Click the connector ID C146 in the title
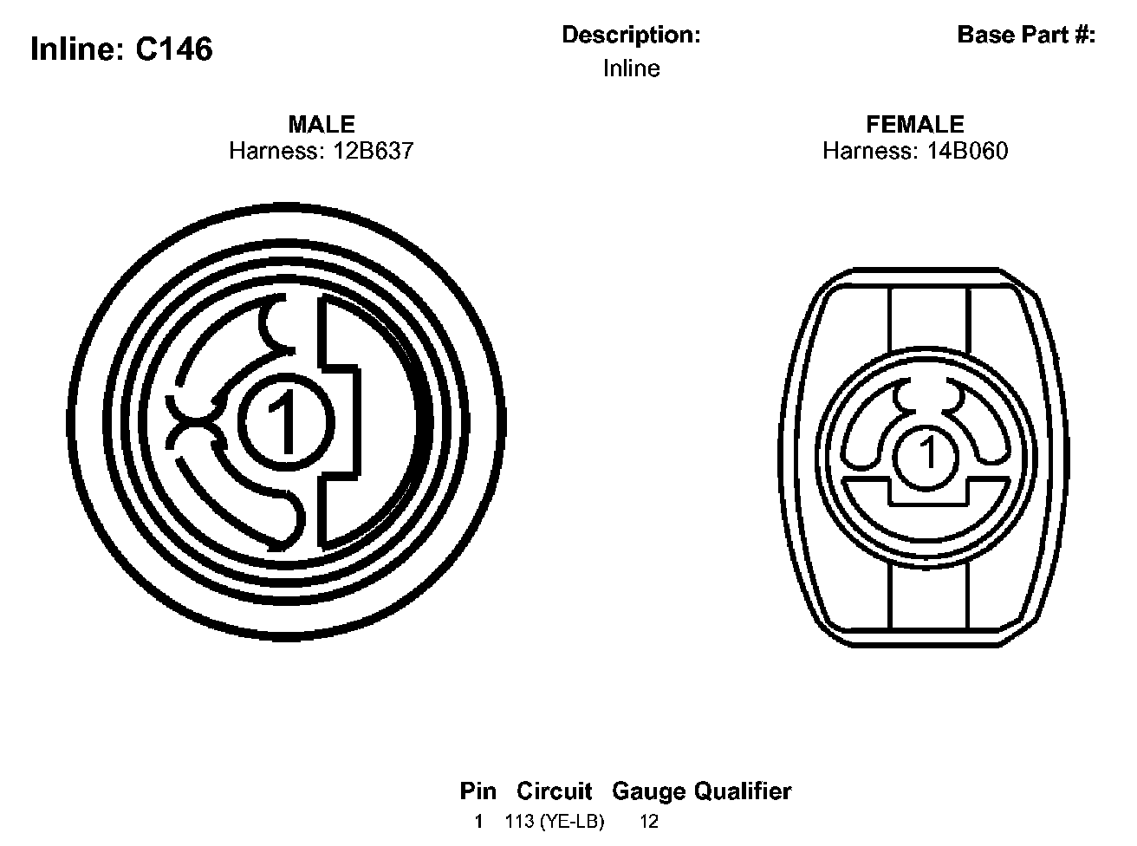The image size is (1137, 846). [174, 49]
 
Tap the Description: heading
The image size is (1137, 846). [631, 35]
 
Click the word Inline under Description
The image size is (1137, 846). [631, 68]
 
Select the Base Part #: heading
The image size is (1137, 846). [1026, 35]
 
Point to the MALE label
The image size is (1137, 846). [322, 124]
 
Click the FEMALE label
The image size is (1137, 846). [915, 124]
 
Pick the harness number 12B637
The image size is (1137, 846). [374, 151]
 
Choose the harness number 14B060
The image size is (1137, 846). [967, 151]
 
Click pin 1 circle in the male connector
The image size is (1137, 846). [286, 422]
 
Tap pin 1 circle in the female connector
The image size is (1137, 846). [926, 458]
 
